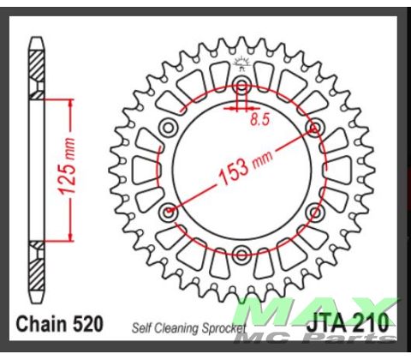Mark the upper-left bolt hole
[170, 129]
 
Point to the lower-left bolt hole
[170, 211]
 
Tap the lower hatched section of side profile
[36, 266]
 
